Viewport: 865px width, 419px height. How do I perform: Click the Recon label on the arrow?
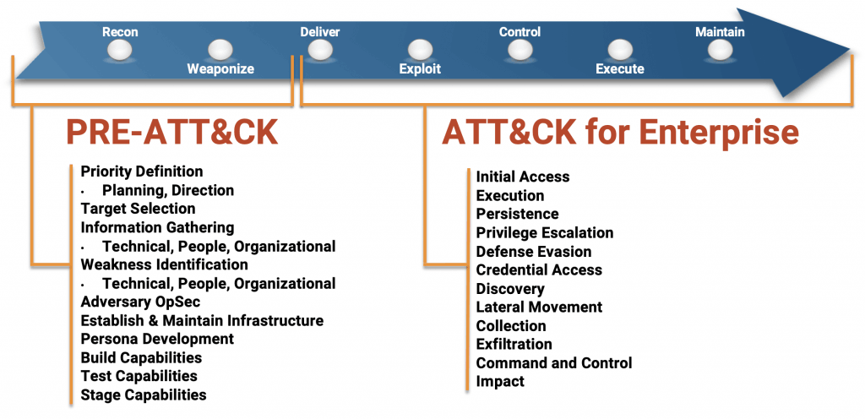120,32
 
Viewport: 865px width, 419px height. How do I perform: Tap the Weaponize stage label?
220,69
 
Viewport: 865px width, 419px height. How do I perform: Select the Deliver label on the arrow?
320,32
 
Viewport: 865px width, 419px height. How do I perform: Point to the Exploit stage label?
420,69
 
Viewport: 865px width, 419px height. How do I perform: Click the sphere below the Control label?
520,51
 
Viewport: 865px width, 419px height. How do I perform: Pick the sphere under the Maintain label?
720,51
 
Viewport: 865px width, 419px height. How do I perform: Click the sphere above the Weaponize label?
220,49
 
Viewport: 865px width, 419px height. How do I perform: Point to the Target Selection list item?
138,209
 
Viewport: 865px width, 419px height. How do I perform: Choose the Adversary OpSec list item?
140,302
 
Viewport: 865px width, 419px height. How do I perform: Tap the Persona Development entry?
157,339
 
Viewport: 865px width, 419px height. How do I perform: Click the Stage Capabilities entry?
144,395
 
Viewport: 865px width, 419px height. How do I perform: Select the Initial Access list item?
523,177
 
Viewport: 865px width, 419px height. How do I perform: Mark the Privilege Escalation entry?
545,232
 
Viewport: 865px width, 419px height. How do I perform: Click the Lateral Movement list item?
539,307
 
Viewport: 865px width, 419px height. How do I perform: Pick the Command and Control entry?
554,363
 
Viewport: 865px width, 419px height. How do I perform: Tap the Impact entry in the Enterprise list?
500,382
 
